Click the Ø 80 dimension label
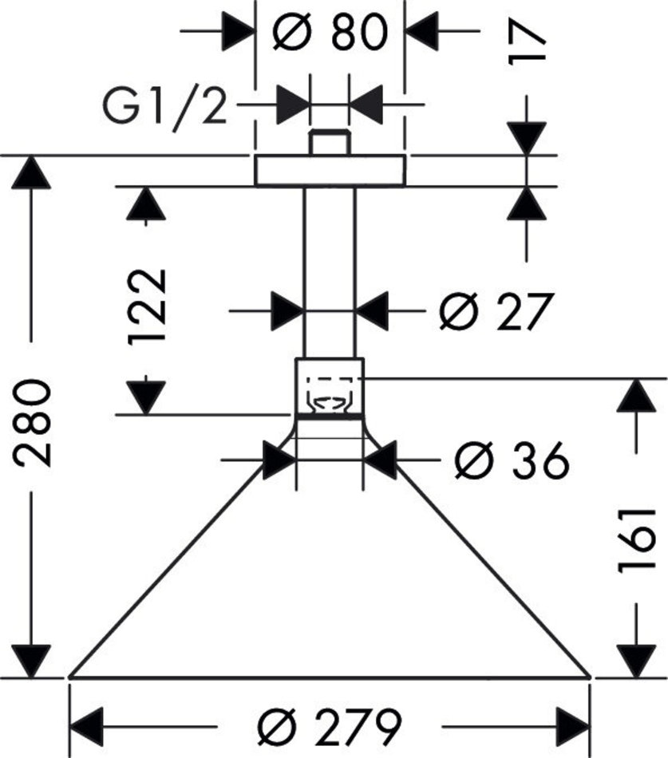click(330, 33)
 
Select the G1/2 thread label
click(164, 105)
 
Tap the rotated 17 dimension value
click(528, 39)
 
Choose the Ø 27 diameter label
click(496, 311)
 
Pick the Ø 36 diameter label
click(511, 460)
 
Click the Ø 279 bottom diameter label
click(329, 725)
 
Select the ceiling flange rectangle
click(330, 171)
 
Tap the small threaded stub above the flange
click(329, 142)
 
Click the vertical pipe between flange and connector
click(330, 271)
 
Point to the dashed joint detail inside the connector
click(330, 396)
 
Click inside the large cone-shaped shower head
click(330, 574)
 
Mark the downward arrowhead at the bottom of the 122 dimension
click(146, 397)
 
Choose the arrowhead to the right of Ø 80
click(423, 32)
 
